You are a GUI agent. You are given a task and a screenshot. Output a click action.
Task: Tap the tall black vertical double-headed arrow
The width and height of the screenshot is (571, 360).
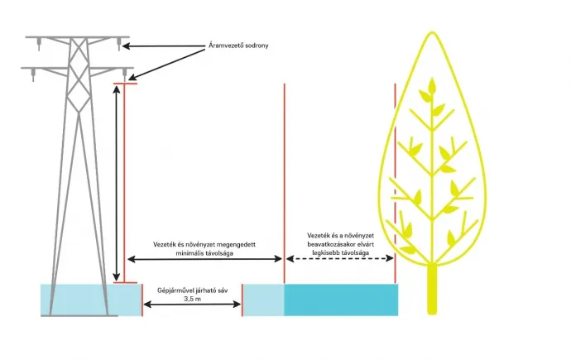coord(116,182)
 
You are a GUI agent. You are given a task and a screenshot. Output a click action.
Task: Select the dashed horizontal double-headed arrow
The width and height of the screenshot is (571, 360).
coord(340,260)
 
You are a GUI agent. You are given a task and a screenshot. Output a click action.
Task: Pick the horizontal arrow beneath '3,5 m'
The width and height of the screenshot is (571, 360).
coord(191,306)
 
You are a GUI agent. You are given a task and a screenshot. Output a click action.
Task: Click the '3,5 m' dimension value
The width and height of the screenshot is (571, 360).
coord(191,299)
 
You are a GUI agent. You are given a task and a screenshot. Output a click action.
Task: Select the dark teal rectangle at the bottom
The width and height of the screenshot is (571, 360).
coord(341,299)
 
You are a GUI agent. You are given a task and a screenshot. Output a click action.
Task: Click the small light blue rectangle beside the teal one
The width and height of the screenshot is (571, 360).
coord(263,299)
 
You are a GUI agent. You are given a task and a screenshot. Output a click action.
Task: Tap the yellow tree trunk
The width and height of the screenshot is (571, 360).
coord(431,289)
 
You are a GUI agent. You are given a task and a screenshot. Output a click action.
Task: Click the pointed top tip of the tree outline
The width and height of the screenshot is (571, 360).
coord(431,34)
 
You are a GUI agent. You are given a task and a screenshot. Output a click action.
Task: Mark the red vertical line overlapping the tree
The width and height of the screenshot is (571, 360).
coord(396,166)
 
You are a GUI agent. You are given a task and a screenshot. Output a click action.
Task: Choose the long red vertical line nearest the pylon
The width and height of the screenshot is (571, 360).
coord(124,182)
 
